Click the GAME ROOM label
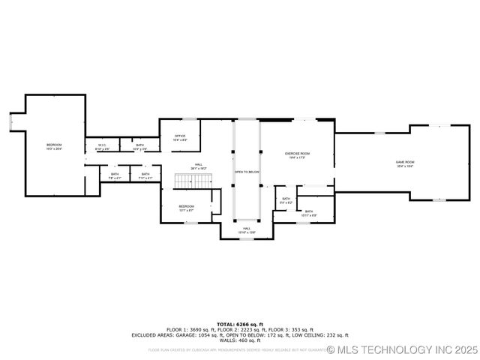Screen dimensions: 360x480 (x=405, y=163)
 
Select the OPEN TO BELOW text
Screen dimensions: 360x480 (x=247, y=172)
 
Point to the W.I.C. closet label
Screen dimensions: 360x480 (x=102, y=146)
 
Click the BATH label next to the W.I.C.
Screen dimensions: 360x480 (x=140, y=146)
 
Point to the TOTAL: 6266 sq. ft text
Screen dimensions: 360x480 (x=239, y=325)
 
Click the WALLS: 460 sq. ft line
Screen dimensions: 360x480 (x=239, y=340)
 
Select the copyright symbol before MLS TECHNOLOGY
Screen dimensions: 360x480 (x=331, y=349)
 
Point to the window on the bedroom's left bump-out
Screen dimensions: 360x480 (x=11, y=120)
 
